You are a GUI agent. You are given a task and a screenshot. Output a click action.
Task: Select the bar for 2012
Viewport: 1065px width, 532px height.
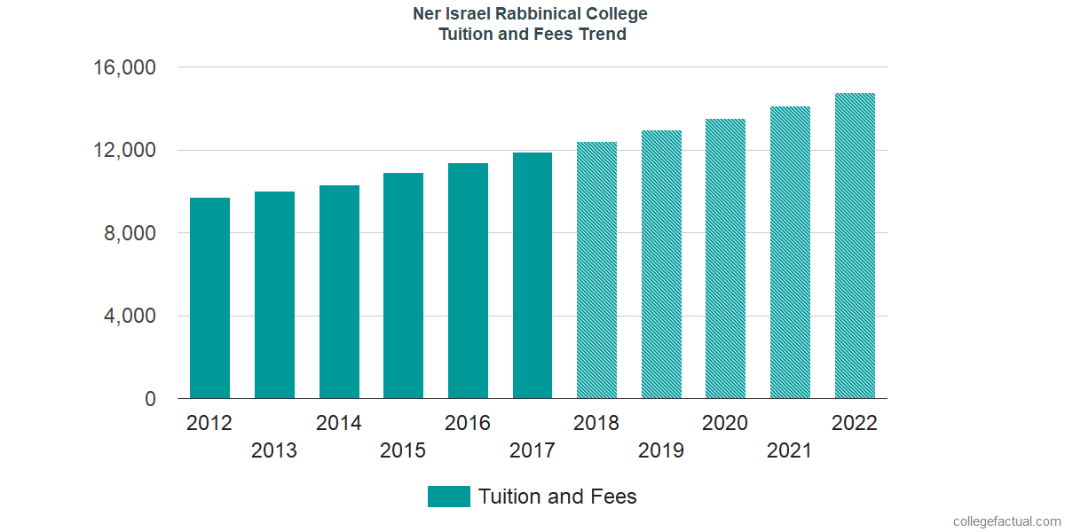click(x=209, y=298)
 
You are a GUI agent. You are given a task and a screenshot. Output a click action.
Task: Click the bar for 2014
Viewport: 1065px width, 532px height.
click(x=339, y=292)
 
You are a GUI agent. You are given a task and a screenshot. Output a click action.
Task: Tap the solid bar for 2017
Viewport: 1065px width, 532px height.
click(x=532, y=276)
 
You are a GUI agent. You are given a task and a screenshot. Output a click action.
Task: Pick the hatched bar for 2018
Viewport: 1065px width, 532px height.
click(x=596, y=270)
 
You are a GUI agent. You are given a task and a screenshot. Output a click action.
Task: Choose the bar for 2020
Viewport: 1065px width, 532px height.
click(x=725, y=259)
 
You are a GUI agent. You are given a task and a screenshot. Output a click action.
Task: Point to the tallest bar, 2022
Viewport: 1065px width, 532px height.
click(x=855, y=246)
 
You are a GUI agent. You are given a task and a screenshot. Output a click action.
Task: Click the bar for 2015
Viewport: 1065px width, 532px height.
click(x=403, y=286)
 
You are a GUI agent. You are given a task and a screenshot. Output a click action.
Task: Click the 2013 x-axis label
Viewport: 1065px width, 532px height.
click(x=274, y=450)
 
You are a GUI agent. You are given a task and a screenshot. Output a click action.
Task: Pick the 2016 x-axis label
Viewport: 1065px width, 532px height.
click(x=468, y=423)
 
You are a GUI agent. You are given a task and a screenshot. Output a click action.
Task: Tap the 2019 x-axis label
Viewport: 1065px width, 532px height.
click(x=661, y=450)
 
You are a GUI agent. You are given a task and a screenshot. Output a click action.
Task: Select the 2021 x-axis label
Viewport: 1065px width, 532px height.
click(x=790, y=450)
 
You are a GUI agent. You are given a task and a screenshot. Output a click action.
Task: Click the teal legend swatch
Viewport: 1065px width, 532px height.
click(x=448, y=497)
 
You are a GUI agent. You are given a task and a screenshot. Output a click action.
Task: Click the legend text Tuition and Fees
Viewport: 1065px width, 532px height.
click(x=557, y=497)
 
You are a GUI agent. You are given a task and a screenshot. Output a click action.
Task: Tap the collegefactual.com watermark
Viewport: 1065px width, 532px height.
click(x=1006, y=521)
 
